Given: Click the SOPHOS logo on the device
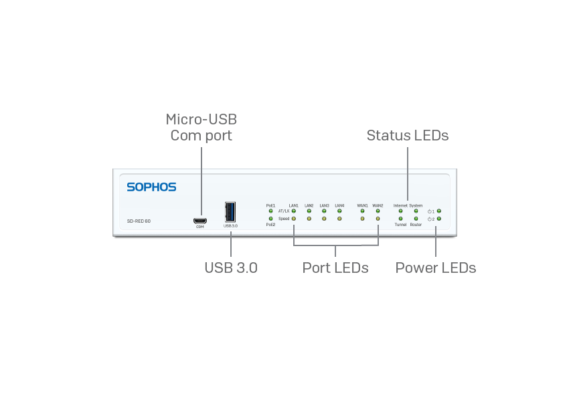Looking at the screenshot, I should [151, 187].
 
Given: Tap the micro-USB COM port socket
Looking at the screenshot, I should [199, 220].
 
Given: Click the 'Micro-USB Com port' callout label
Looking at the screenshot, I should [201, 127].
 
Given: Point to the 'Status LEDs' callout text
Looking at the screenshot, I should [407, 135].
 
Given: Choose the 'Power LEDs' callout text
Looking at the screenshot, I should [436, 268].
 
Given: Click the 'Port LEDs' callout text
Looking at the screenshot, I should [335, 268].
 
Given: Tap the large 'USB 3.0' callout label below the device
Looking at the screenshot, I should [231, 268].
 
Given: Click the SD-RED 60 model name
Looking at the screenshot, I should [139, 221].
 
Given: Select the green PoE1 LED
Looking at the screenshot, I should [270, 211].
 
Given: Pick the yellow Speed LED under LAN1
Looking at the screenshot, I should [294, 219].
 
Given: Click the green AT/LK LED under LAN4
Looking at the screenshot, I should [339, 211].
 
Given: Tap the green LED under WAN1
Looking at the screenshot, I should [362, 211].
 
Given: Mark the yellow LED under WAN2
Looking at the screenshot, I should [378, 219].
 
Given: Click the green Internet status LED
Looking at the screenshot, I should [400, 211].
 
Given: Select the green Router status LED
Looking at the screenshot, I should [416, 219].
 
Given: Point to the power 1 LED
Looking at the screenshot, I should [439, 211].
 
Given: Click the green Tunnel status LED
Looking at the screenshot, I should [400, 219].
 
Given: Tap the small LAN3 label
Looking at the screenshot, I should [324, 205].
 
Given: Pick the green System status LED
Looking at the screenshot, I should [416, 211].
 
